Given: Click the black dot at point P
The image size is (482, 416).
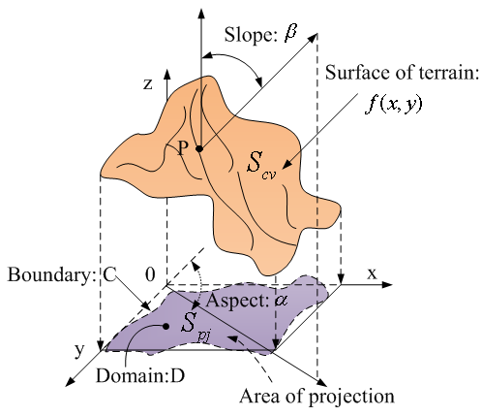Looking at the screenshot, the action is point(199,149).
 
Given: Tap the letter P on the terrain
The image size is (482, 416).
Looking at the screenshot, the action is point(183,149).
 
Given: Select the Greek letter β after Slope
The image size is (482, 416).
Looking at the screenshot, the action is point(290,34).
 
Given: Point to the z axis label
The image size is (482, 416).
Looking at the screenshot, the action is point(148,84).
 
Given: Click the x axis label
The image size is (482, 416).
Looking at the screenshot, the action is point(372,273).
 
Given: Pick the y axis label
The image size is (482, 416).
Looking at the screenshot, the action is point(79,350).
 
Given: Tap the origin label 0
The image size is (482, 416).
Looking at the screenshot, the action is point(150,274).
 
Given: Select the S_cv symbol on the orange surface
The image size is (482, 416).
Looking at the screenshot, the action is point(261,166).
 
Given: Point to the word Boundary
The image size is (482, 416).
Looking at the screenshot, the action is point(48,275).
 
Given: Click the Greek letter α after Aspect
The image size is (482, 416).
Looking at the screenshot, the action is point(281,302).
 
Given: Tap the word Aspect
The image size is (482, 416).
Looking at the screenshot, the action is point(235,302).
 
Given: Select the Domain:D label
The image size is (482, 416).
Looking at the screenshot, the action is point(140,376).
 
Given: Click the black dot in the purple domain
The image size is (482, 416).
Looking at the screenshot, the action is point(166,327).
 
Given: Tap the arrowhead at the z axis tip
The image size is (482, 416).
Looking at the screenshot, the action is point(167,74).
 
